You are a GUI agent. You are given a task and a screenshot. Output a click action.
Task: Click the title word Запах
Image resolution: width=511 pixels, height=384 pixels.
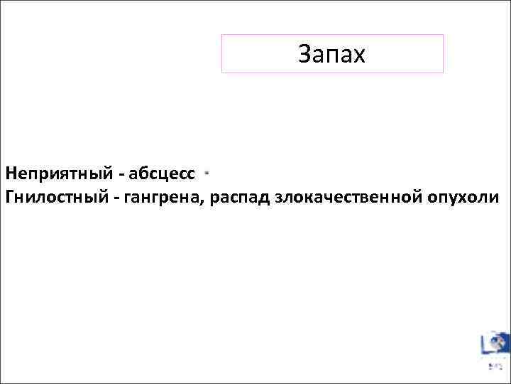click(x=331, y=54)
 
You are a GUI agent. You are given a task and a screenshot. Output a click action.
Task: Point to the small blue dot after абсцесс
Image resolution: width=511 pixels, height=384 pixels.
click(x=206, y=172)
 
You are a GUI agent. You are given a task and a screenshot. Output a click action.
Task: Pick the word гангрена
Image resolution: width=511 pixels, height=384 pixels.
click(x=166, y=196)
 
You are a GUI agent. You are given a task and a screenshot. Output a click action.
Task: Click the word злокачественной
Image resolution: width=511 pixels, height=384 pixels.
click(x=349, y=196)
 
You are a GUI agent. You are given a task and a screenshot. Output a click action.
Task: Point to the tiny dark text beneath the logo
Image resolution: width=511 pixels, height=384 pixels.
click(x=495, y=367)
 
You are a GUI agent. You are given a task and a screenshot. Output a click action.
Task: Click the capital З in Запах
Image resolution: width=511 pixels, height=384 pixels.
click(x=304, y=54)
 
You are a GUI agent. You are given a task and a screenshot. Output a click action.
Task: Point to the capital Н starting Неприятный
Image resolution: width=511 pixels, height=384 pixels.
click(x=10, y=173)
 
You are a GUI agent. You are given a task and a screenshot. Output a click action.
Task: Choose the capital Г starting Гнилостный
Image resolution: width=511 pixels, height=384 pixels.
click(x=9, y=196)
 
